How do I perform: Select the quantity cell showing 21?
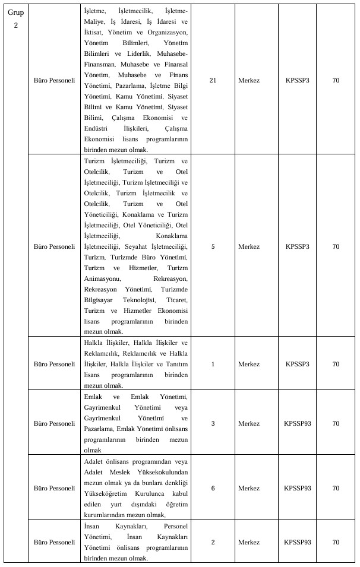pos(213,81)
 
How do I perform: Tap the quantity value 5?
pos(213,246)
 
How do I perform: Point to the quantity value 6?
pos(213,488)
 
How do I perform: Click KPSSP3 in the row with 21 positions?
pos(298,81)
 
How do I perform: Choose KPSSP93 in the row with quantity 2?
pos(298,542)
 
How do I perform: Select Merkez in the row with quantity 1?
pos(248,363)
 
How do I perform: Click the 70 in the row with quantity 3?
pos(336,423)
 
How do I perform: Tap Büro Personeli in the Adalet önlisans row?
pos(54,488)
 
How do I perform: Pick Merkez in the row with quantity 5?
pos(248,246)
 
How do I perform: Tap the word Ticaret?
pos(176,300)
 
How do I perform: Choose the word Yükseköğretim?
pos(107,493)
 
